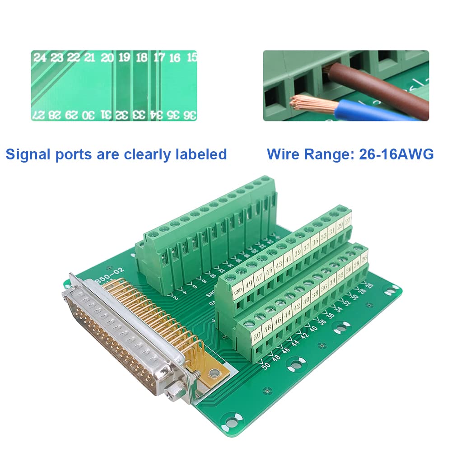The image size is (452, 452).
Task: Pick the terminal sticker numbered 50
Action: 257,336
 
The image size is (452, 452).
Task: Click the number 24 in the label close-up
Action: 40,58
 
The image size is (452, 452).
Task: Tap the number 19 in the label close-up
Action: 124,57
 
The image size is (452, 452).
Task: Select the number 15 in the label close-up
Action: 192,57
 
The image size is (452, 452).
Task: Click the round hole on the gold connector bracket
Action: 214,373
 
